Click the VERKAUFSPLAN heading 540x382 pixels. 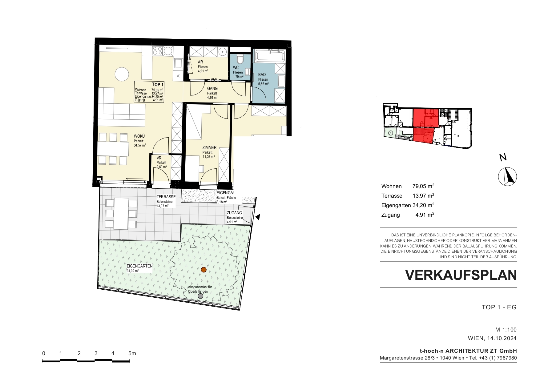coord(461,275)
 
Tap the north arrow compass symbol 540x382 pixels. coord(507,177)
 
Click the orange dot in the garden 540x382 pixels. coord(204,270)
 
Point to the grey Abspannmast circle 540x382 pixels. coord(200,296)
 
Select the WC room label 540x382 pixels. coord(236,67)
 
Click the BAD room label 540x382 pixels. coord(262,74)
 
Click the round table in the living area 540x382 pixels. coord(122,74)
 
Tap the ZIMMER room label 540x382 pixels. coord(209,147)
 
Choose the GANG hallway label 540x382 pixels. coord(212,88)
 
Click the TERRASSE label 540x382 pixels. coord(166,197)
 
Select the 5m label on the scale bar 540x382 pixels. coord(132,353)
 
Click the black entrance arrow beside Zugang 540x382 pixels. coord(258,217)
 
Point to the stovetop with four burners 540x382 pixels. coord(157,51)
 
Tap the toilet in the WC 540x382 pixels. coord(240,58)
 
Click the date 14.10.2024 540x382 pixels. coord(502,338)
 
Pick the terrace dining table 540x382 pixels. coord(121,214)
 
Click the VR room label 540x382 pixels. coord(159,158)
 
